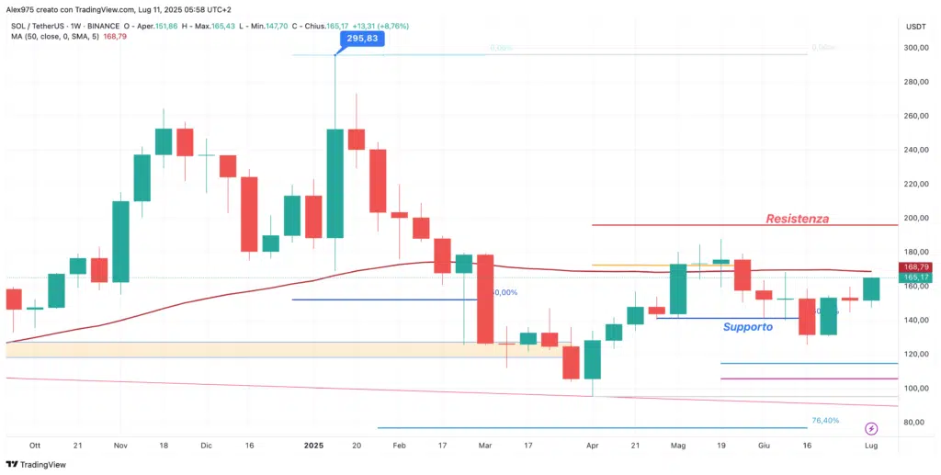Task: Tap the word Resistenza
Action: [798, 219]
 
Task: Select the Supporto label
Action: [747, 327]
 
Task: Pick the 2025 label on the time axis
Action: [314, 445]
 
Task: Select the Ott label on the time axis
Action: [35, 445]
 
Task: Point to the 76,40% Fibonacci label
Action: [825, 421]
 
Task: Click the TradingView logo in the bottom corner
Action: [37, 464]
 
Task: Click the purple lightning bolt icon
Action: [871, 428]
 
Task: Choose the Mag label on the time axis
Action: [678, 445]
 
